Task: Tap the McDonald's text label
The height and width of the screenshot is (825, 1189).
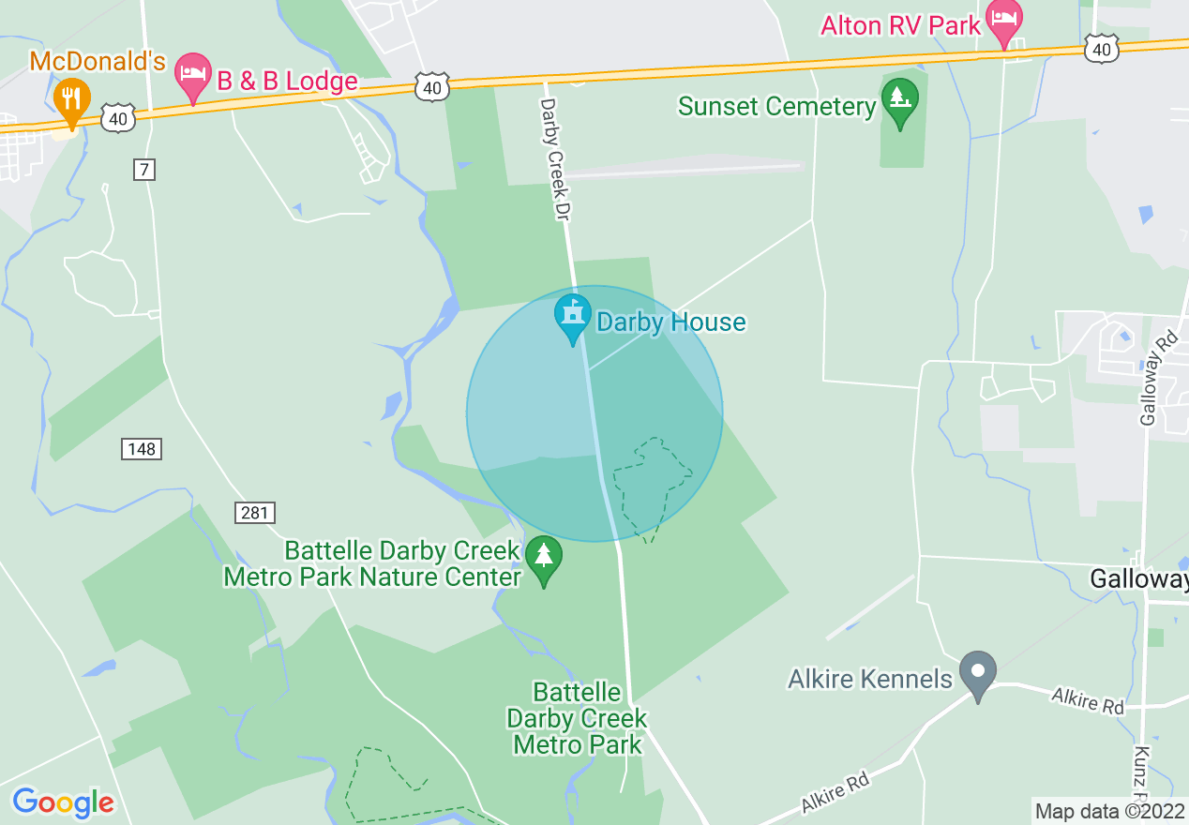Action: point(98,62)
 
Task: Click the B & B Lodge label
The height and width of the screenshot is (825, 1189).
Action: point(288,82)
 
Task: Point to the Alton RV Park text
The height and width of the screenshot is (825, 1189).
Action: point(900,25)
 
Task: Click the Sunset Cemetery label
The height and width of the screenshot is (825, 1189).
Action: point(776,106)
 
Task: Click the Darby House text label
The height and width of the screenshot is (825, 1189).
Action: point(671,322)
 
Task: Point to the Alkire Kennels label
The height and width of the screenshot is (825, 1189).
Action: point(871,678)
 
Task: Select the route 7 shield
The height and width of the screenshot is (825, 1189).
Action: point(143,170)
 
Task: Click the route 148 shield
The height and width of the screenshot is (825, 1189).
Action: point(141,449)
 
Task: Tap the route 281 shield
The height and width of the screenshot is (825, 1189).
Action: point(254,512)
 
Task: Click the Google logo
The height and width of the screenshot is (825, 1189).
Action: point(63,802)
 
